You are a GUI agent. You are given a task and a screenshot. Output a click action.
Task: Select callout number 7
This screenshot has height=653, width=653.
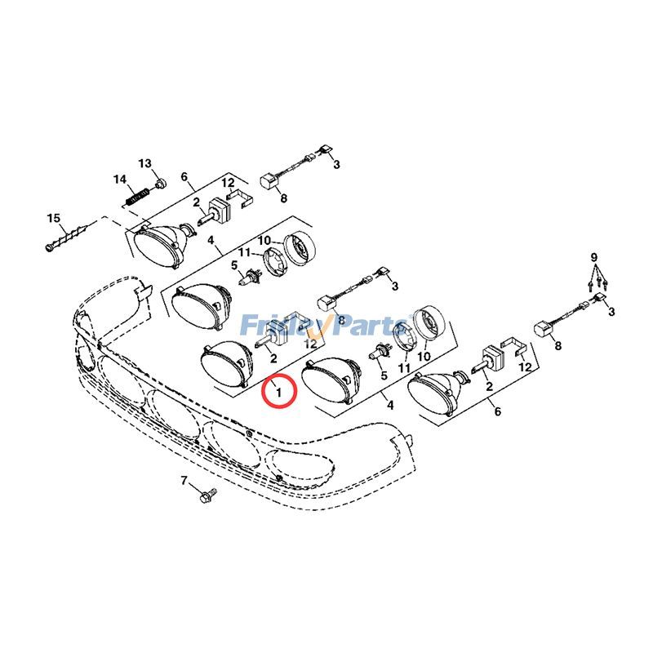click(x=184, y=480)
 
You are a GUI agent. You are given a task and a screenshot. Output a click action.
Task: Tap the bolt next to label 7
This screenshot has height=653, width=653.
click(x=207, y=494)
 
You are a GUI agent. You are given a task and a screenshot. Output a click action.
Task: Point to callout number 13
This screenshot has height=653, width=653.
click(x=144, y=164)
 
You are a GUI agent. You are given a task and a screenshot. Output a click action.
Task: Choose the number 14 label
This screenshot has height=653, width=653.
click(x=120, y=180)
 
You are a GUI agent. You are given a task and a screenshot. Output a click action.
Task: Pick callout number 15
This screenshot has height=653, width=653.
click(x=54, y=218)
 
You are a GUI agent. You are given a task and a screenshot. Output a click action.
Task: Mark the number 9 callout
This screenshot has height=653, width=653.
click(x=594, y=258)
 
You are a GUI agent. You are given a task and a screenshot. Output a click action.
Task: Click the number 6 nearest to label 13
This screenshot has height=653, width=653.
click(x=184, y=177)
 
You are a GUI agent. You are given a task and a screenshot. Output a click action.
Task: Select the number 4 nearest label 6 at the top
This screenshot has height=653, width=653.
click(x=211, y=242)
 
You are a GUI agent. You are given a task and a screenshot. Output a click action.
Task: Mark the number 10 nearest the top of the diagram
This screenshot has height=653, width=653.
click(x=264, y=240)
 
